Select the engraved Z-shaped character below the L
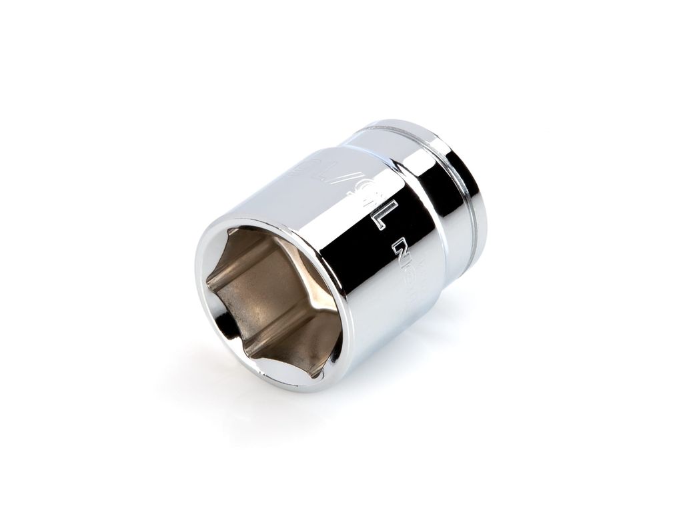click(x=400, y=253)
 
